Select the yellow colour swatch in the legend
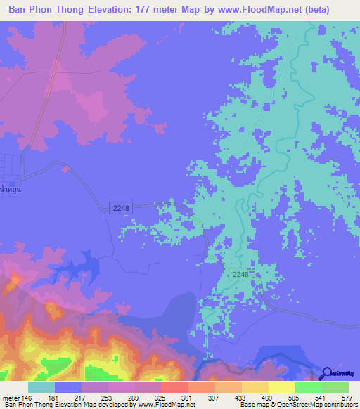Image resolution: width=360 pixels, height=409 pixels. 282,387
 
